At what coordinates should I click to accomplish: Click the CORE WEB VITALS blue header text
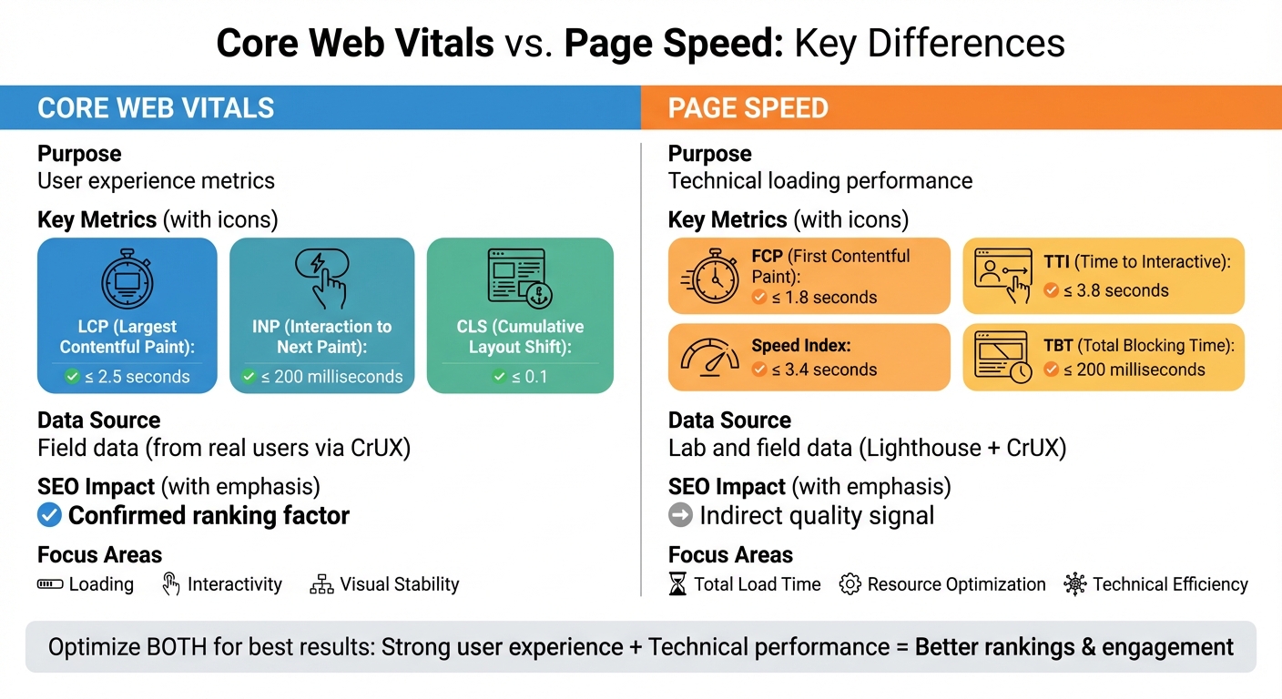156,108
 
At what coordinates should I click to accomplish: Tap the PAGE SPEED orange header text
748,108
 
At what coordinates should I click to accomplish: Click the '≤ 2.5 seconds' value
137,377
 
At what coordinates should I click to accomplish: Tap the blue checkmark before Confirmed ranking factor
49,515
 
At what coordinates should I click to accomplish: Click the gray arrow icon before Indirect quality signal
680,515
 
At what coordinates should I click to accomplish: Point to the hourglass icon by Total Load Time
678,584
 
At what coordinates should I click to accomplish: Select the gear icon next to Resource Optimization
850,584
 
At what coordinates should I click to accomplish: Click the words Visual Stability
399,584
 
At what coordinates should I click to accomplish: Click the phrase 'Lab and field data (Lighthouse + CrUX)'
867,448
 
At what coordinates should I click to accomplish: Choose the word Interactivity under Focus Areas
234,584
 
